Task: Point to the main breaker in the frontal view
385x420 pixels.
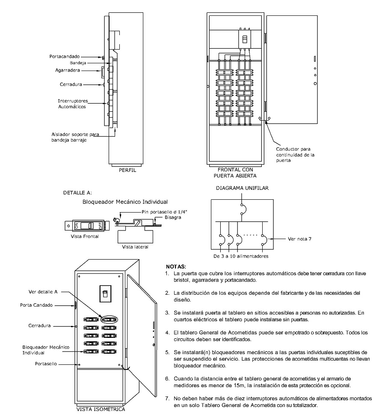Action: click(245, 40)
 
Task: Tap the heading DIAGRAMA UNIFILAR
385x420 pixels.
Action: click(242, 188)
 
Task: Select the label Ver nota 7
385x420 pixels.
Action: click(298, 239)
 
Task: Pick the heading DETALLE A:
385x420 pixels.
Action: click(77, 192)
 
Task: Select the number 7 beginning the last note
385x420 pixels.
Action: click(167, 398)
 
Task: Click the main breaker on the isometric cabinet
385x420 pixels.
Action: click(104, 294)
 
